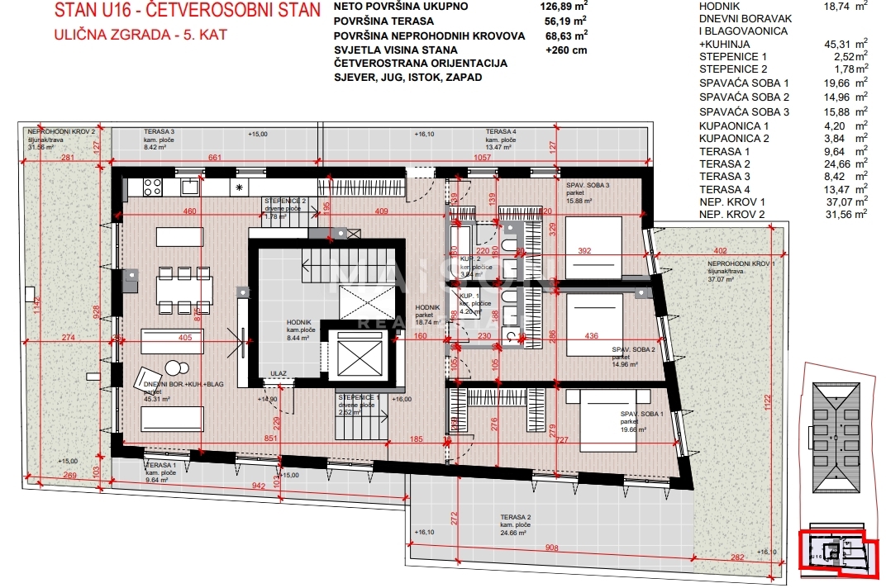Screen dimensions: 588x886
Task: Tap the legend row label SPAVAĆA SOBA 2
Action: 744,97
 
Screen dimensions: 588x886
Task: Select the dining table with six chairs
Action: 184,289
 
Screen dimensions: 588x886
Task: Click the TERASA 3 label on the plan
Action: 159,132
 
